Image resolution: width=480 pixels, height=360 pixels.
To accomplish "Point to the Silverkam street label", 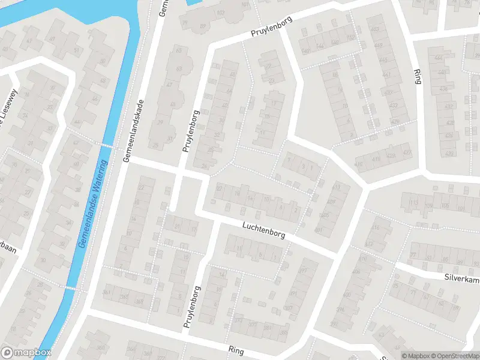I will (x=461, y=278).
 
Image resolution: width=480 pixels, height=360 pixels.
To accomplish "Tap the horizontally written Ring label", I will (x=236, y=349).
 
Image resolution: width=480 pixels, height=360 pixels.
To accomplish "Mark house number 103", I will (x=221, y=13).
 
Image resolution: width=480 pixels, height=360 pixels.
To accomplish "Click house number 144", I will (x=320, y=46).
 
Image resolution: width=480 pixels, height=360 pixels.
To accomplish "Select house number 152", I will (x=351, y=37).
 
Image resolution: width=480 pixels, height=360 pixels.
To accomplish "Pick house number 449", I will (x=377, y=46).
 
